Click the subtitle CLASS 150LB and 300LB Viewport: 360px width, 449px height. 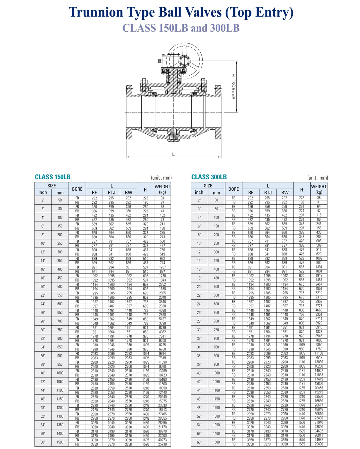181,28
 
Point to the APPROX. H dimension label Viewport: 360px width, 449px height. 234,87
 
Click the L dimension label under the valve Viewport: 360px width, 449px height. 174,154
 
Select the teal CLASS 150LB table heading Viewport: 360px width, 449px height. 53,177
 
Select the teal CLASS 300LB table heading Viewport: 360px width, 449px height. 209,177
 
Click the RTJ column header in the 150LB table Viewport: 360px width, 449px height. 111,192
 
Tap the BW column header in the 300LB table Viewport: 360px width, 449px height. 285,192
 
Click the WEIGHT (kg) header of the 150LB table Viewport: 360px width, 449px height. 162,189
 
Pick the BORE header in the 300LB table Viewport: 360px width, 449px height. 233,189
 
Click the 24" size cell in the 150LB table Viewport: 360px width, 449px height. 43,304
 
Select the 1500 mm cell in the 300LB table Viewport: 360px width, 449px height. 216,442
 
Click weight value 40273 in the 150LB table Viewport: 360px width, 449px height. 162,440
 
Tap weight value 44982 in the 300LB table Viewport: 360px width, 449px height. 319,440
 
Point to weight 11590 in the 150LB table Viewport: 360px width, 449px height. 162,362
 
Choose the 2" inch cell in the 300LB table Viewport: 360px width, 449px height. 199,200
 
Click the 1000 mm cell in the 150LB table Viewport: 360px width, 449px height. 60,373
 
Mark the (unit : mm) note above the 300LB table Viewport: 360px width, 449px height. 318,178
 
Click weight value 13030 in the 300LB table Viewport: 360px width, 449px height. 319,362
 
